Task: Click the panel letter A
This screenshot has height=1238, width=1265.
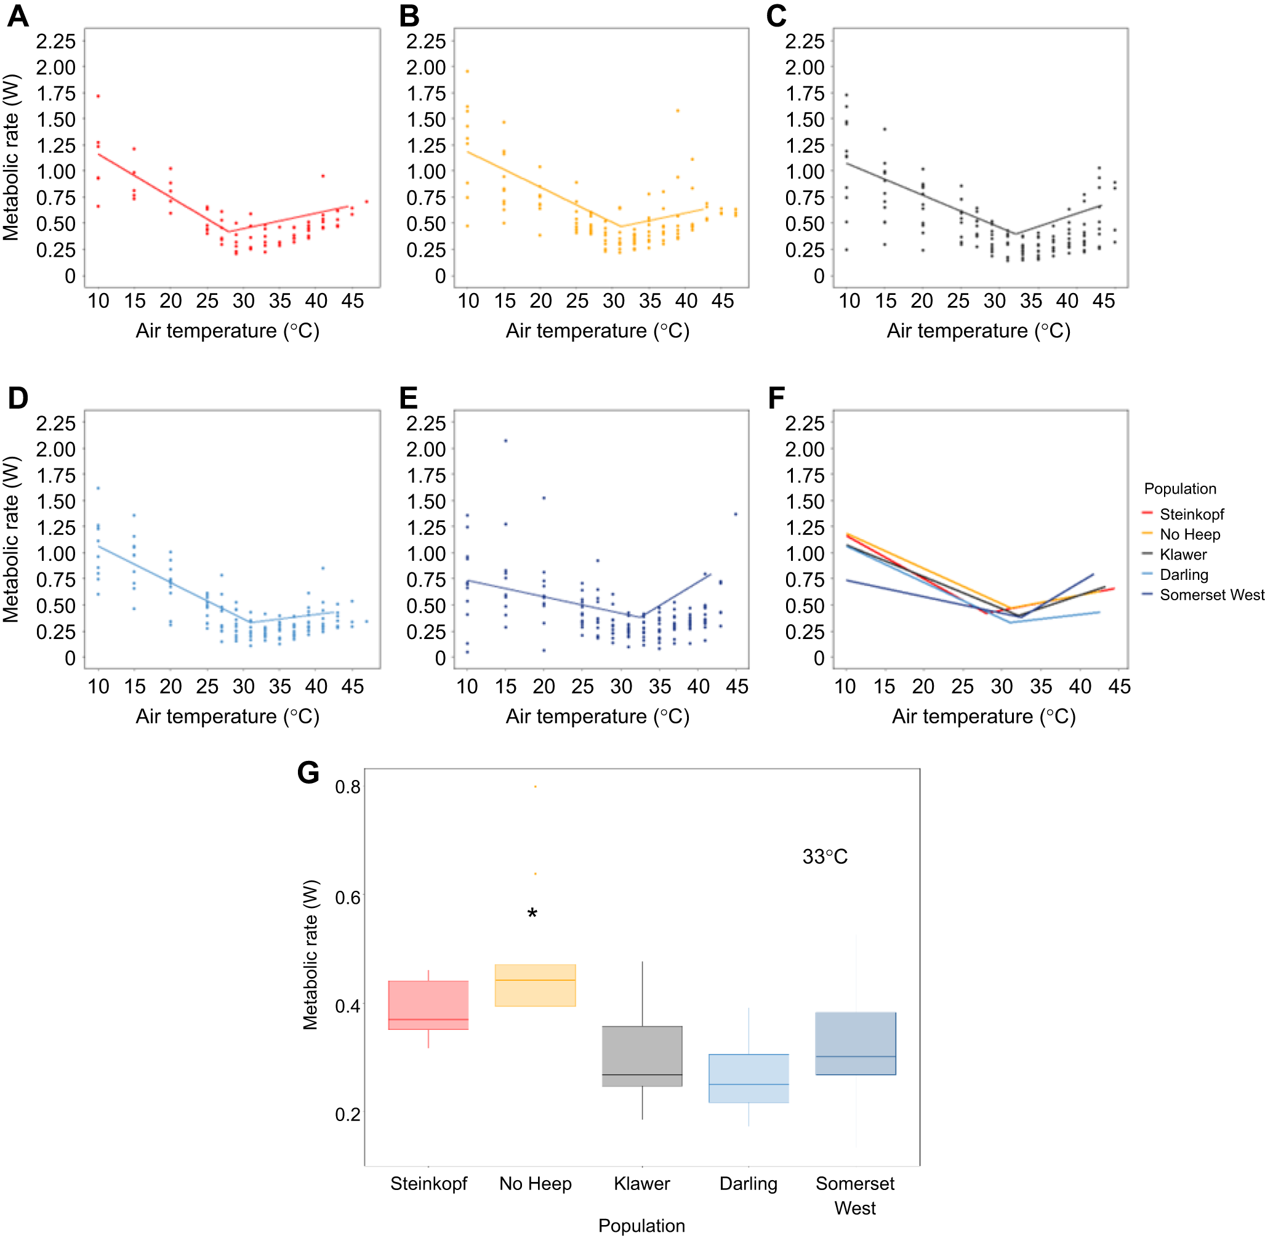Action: click(x=18, y=15)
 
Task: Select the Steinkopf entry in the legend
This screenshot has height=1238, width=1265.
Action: click(x=1191, y=514)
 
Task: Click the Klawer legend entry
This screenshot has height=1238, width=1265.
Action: click(x=1183, y=555)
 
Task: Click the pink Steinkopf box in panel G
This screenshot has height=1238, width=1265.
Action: click(x=428, y=1005)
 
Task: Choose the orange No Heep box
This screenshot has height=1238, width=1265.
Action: click(x=535, y=985)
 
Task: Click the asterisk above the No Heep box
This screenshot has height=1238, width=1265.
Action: click(x=532, y=914)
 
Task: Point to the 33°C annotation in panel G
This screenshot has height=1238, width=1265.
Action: click(x=824, y=857)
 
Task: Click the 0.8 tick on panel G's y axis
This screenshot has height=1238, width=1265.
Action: click(x=347, y=787)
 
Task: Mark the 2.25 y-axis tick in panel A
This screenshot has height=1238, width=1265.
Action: click(x=56, y=42)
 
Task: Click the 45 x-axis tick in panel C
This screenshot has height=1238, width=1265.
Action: click(x=1103, y=301)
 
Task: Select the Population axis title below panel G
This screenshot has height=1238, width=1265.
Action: click(x=641, y=1226)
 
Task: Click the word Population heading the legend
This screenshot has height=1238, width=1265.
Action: click(x=1179, y=489)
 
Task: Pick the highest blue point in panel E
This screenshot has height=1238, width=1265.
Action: click(x=505, y=441)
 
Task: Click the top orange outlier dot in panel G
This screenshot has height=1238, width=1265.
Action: click(x=535, y=787)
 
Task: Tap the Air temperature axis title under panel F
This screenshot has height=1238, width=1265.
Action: click(x=983, y=717)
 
